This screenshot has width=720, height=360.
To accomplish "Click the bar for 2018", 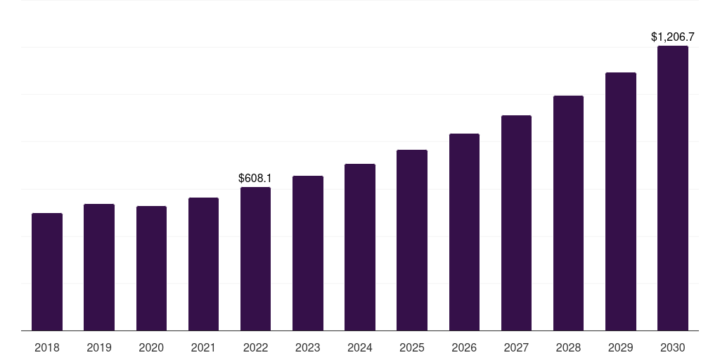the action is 47,272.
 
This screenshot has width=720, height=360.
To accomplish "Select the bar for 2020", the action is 152,268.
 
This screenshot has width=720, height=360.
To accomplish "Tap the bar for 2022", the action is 255,259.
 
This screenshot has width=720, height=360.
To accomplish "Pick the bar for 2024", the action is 360,247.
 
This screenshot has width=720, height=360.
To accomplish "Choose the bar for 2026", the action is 464,232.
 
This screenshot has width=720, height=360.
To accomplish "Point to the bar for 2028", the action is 568,213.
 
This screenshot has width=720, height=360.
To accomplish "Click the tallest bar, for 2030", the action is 673,188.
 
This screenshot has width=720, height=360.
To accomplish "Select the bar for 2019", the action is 99,267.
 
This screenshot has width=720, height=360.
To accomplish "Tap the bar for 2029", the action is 621,202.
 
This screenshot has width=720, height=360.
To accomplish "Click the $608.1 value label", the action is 255,178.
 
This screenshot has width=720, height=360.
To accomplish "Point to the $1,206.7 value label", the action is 673,37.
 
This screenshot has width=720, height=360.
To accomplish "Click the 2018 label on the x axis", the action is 47,347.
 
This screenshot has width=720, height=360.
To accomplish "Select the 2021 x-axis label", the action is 203,347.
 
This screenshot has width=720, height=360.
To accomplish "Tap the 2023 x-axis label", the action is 308,347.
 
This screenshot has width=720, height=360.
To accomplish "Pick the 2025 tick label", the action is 412,347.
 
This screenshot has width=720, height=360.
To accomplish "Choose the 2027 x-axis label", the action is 516,347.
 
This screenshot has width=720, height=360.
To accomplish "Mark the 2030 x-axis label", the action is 673,347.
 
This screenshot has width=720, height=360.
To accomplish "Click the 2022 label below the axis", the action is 255,347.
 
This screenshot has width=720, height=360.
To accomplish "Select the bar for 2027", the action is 516,223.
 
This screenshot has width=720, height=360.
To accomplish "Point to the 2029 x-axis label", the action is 621,347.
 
